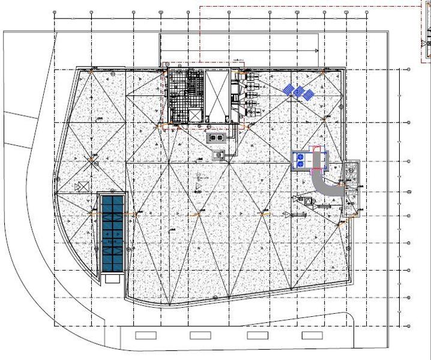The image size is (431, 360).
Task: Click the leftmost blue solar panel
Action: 289,89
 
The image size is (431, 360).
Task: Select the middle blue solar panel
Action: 299,91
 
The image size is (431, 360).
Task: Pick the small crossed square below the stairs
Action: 195,115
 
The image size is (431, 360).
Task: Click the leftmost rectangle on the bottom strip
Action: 145,335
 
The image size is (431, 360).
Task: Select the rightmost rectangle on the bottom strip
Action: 311,335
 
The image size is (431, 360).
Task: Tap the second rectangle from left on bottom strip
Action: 200,335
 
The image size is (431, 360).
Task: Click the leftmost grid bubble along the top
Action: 55,12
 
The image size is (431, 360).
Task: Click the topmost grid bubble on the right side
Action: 409,70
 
